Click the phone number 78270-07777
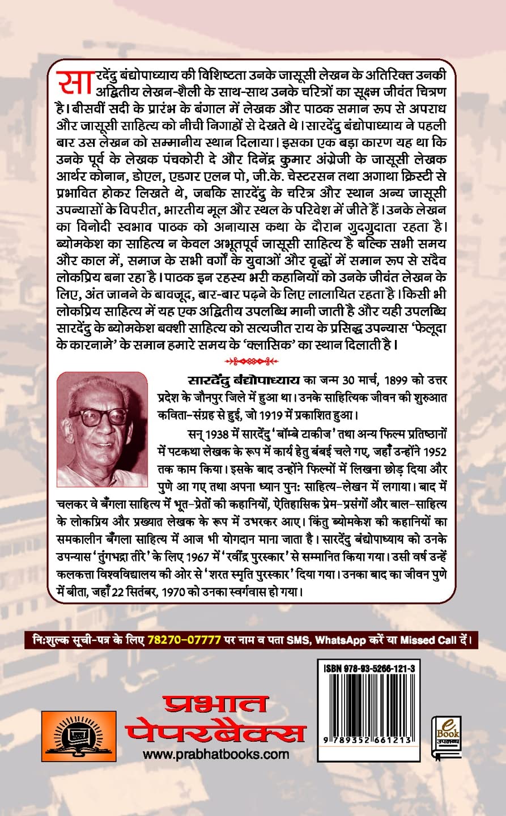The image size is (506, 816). (184, 640)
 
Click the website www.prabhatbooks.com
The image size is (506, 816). (216, 754)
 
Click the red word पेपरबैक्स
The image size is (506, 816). (216, 732)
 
